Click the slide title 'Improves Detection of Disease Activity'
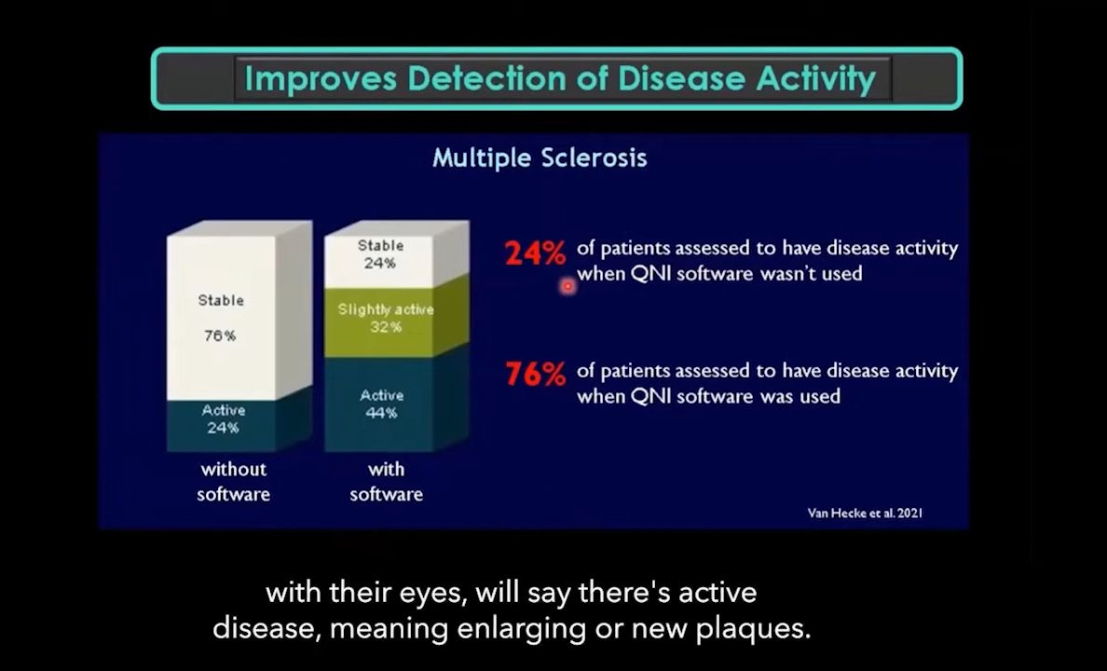click(x=559, y=78)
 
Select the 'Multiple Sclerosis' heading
click(x=540, y=157)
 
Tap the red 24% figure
click(x=535, y=253)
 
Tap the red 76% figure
click(x=535, y=375)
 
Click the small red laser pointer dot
click(x=567, y=287)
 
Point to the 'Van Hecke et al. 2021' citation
click(x=865, y=513)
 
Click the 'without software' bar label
click(x=232, y=481)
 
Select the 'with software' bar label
click(x=386, y=481)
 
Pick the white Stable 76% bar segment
click(x=222, y=317)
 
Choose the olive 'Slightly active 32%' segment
click(x=384, y=318)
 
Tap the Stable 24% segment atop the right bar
click(x=381, y=253)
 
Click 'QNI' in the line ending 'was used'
click(x=650, y=396)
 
